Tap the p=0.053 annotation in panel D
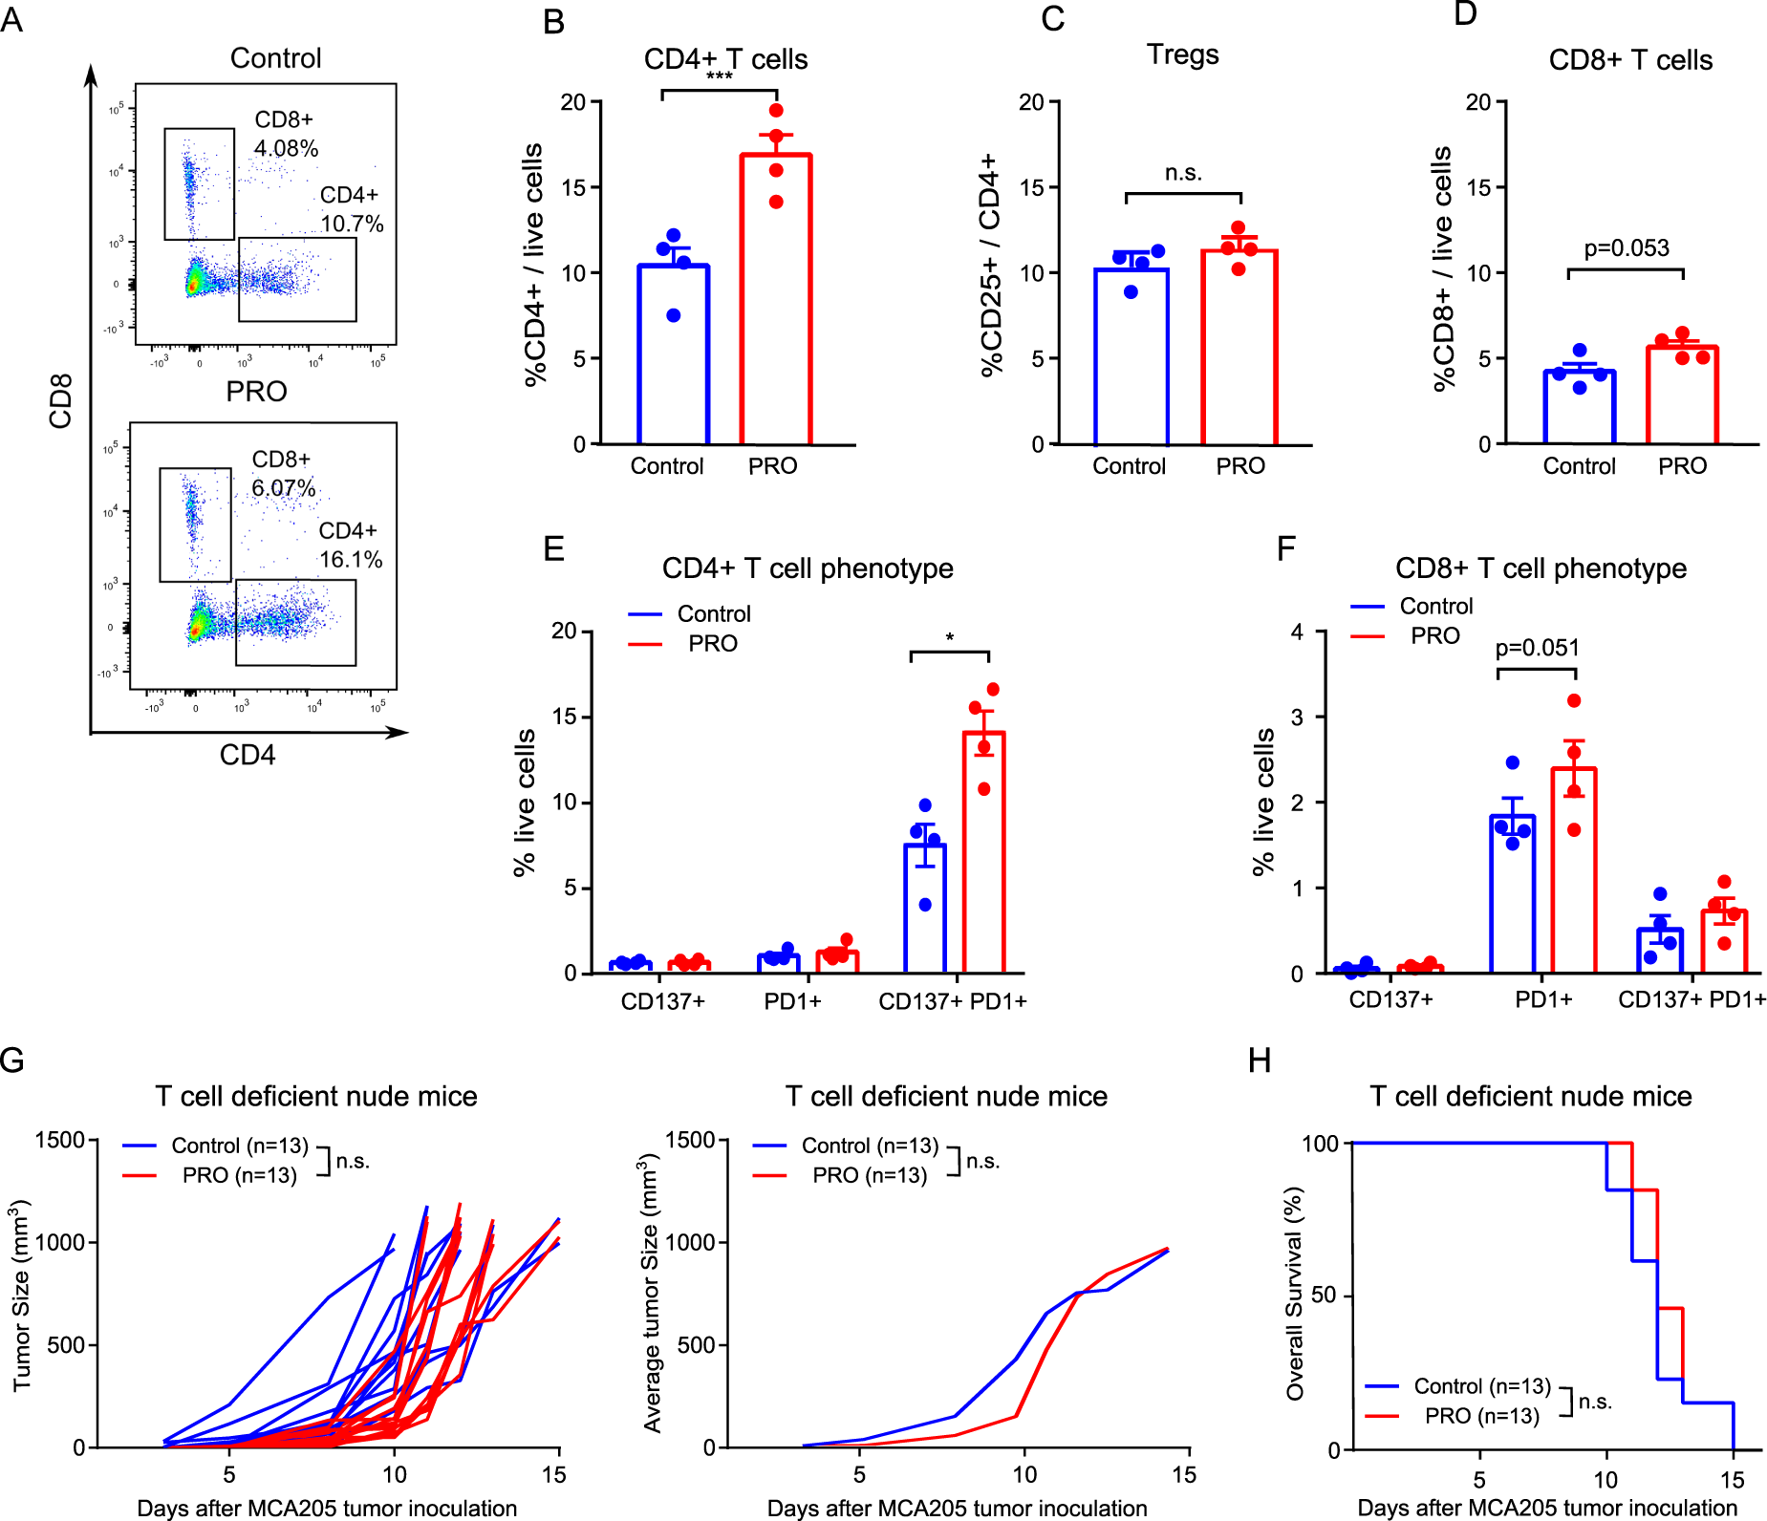(1627, 248)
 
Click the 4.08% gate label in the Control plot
(286, 149)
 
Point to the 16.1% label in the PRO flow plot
(351, 560)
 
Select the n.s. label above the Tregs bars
(1183, 173)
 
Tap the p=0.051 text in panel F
(1537, 648)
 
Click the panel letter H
(1260, 1060)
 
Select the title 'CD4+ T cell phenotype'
(808, 568)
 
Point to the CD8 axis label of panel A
(60, 401)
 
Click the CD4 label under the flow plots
(248, 756)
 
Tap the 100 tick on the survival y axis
(1321, 1144)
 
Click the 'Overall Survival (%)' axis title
(1295, 1294)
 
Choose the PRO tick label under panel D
(1682, 466)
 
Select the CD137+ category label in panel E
(662, 1001)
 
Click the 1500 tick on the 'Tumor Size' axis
(60, 1140)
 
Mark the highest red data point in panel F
(1574, 701)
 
